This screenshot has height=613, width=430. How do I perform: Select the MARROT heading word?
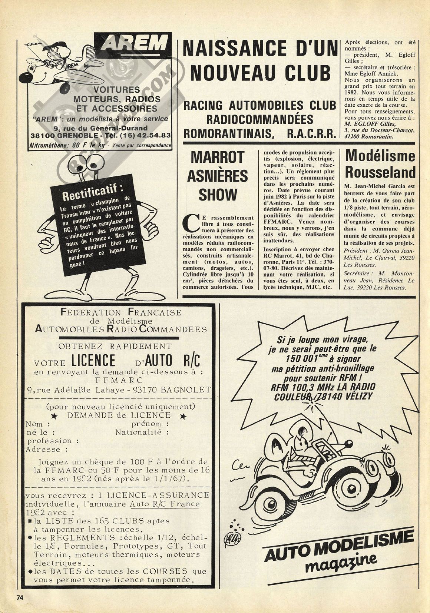pyautogui.click(x=217, y=157)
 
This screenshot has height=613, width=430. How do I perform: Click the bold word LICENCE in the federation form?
pyautogui.click(x=93, y=360)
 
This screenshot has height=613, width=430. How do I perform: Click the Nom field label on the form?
pyautogui.click(x=34, y=424)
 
